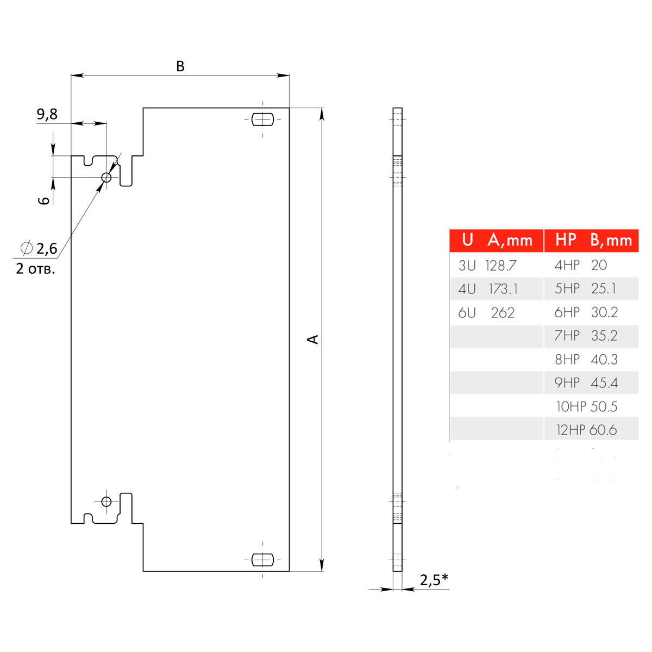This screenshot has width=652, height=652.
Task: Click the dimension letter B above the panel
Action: point(180,66)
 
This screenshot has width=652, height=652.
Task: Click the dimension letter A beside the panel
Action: point(313,339)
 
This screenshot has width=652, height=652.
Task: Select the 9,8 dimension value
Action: point(47,114)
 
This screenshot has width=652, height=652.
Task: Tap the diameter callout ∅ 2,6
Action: point(39,248)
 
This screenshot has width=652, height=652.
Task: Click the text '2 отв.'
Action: point(36,269)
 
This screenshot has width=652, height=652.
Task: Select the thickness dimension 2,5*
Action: point(434,580)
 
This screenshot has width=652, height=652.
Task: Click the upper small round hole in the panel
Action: point(106,177)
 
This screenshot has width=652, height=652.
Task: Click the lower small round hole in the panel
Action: point(106,501)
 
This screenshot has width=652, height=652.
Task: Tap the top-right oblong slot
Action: point(262,119)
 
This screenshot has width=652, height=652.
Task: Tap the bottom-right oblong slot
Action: point(262,559)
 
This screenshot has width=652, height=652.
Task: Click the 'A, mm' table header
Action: point(510,240)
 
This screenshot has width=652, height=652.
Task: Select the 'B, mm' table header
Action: point(611,240)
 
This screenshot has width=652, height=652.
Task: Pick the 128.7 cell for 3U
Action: point(501,266)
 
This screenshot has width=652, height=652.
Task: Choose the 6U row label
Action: point(467,313)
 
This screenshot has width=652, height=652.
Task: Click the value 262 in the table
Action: point(503,313)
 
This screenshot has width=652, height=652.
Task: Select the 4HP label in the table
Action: point(567,266)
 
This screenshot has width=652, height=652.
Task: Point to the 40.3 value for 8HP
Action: point(604,360)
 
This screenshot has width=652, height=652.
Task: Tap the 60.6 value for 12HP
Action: point(603,430)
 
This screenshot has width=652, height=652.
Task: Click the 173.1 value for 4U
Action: point(503,289)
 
